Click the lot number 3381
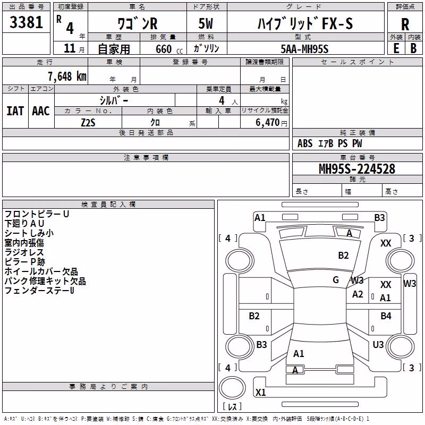[26, 22]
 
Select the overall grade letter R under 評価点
[405, 24]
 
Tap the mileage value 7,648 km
[67, 76]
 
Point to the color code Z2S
[88, 123]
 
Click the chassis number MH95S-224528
[357, 168]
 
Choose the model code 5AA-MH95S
[304, 49]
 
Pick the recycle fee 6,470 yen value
[271, 123]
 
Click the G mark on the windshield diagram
[336, 280]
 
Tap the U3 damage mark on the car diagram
[378, 344]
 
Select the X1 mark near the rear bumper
[260, 392]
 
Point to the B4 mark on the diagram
[386, 316]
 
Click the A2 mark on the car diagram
[358, 294]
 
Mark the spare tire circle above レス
[232, 388]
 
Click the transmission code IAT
[15, 111]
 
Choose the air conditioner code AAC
[41, 111]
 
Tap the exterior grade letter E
[396, 48]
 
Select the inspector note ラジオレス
[24, 252]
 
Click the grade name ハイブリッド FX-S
[305, 23]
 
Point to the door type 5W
[206, 23]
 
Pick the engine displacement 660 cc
[169, 49]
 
